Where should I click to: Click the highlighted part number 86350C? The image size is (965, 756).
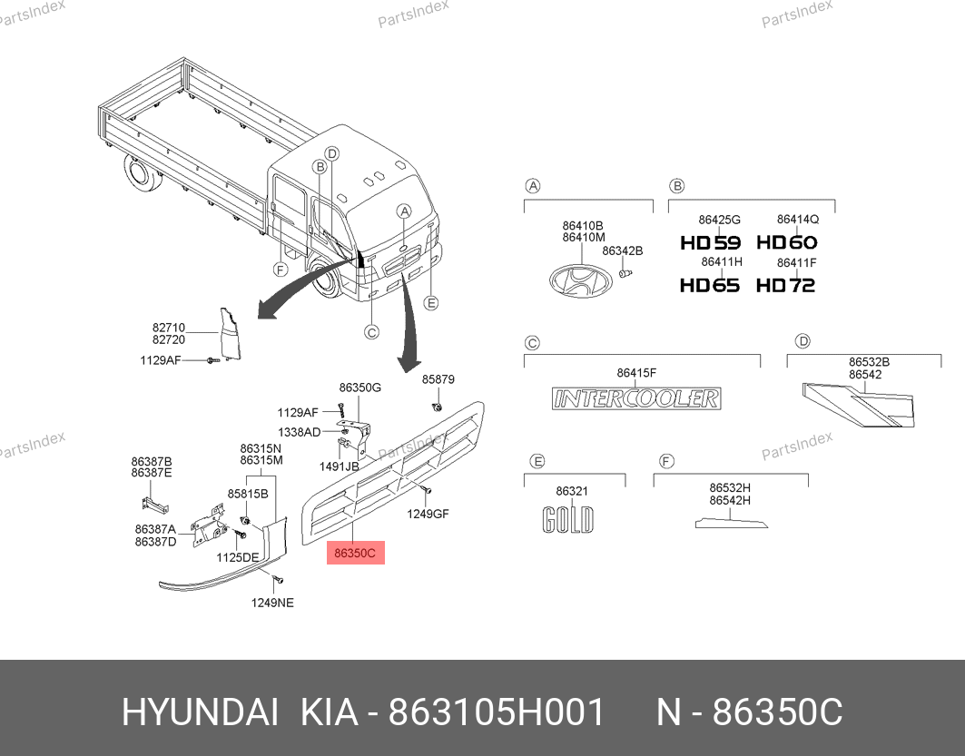pos(355,553)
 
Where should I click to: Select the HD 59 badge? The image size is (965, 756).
pos(710,243)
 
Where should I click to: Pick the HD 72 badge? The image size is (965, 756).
pos(785,285)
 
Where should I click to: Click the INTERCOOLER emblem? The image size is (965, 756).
pos(636,398)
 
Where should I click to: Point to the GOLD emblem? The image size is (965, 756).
pos(568,520)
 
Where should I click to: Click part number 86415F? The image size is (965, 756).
pos(636,373)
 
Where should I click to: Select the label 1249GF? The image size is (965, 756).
pos(428,514)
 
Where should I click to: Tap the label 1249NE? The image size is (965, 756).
pos(272,603)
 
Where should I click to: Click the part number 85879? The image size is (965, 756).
pos(438,379)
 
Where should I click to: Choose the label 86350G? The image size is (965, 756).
pos(360,388)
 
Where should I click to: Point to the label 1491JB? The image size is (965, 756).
pos(339,466)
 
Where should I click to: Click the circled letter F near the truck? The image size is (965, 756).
pos(281,270)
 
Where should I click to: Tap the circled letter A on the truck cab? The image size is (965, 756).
pos(404,211)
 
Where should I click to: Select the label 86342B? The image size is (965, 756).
pos(622,251)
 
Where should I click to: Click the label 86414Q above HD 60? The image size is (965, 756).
pos(798,219)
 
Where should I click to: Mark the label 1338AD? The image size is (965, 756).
pos(299,432)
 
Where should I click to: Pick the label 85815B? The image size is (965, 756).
pos(248,494)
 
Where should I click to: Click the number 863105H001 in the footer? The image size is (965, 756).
pos(497,713)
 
